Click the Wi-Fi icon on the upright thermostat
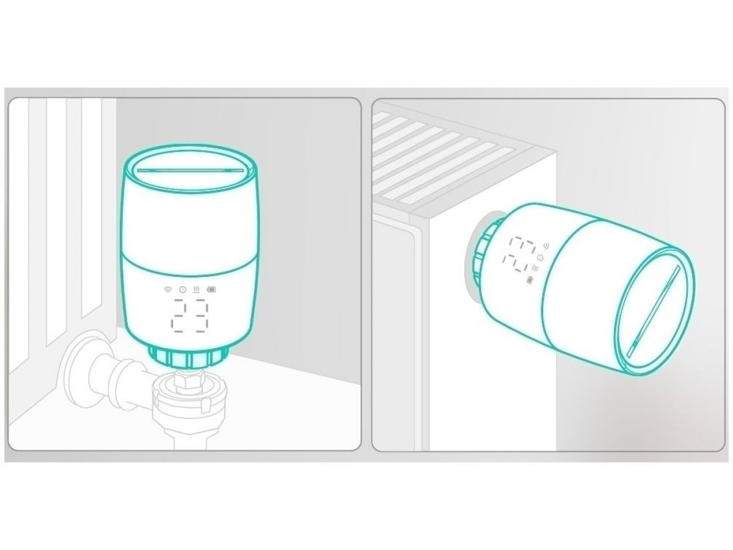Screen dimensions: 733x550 (168, 289)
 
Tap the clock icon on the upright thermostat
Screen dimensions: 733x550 (182, 289)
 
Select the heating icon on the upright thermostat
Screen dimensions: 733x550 (196, 289)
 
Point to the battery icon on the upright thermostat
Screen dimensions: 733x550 (211, 289)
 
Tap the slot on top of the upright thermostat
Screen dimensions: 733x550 (190, 170)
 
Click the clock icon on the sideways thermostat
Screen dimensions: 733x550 (541, 257)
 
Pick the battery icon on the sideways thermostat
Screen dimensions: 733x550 (529, 280)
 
